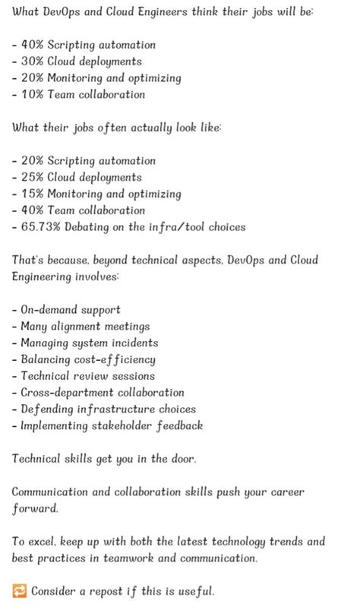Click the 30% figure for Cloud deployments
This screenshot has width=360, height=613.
33,61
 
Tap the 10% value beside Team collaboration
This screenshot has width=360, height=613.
33,94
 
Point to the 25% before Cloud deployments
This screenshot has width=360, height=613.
33,177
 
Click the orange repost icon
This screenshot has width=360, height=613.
20,591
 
